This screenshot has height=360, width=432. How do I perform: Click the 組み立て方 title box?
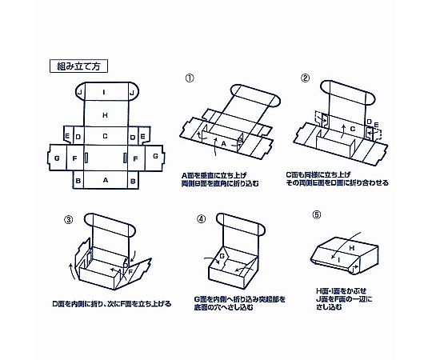click(78, 66)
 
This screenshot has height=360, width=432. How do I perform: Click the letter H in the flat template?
click(105, 115)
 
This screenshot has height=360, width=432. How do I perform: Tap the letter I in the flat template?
click(104, 92)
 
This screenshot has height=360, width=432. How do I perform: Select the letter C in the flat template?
click(105, 136)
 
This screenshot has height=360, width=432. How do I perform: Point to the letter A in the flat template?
click(106, 180)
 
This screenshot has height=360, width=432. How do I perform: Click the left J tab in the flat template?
click(80, 92)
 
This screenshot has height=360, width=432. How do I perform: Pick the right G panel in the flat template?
click(154, 157)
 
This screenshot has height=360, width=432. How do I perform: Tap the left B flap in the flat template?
click(78, 180)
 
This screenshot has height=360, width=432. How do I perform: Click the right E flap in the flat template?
click(143, 136)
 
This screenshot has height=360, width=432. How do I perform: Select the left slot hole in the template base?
click(86, 158)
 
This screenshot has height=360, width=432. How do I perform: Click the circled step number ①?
click(190, 78)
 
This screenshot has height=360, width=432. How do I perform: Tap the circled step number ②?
click(305, 78)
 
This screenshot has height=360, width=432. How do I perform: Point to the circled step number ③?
click(68, 219)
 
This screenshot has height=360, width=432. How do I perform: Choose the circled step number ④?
click(201, 219)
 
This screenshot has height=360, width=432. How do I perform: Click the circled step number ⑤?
click(317, 214)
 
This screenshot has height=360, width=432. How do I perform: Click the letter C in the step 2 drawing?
click(353, 129)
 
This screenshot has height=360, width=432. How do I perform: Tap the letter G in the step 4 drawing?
click(222, 257)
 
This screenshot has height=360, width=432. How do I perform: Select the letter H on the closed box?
click(351, 248)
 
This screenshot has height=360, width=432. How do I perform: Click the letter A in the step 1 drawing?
click(224, 143)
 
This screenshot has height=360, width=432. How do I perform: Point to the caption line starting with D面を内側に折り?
click(111, 304)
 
